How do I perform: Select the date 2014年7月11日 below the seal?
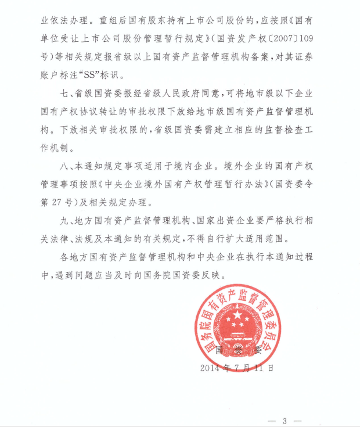click(236, 368)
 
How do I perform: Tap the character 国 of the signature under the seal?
click(220, 350)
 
